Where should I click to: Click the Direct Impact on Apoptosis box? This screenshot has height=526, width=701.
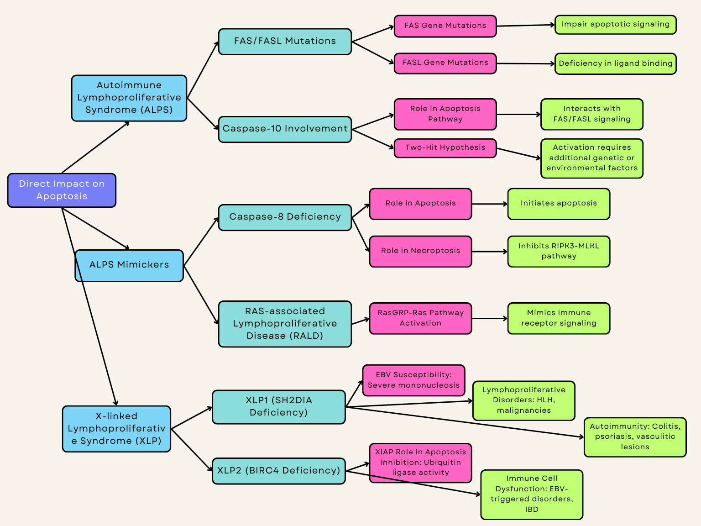pos(62,190)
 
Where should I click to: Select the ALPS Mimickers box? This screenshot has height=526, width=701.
pos(129,265)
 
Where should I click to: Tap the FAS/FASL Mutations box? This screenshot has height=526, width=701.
pos(285,42)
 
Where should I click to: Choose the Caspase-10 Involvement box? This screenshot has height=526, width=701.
pos(285,129)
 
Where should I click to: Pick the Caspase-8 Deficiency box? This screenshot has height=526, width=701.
pos(285,217)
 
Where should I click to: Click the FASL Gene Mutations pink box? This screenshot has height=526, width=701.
pos(445,63)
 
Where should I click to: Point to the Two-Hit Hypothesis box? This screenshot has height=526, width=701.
pos(445,148)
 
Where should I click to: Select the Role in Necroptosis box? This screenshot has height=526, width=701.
pos(420,251)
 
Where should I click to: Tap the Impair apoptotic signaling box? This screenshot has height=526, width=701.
pos(615,25)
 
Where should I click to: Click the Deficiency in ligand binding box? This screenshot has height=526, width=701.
pos(615,63)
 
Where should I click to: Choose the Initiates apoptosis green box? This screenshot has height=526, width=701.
pos(559,204)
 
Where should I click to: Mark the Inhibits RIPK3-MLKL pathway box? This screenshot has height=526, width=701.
pos(559,251)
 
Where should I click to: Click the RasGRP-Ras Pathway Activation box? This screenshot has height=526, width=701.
pos(420,318)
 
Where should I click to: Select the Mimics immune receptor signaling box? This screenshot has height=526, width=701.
pos(559,318)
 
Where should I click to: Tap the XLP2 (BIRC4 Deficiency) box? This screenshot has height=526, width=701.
pos(278,471)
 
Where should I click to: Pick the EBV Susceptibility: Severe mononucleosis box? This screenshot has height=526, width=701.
pos(413,380)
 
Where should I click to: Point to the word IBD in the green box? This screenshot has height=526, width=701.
pos(532,510)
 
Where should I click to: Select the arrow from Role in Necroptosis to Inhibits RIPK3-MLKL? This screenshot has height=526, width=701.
pos(489,252)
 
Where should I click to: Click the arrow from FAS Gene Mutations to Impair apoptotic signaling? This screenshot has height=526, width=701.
pos(525,26)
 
